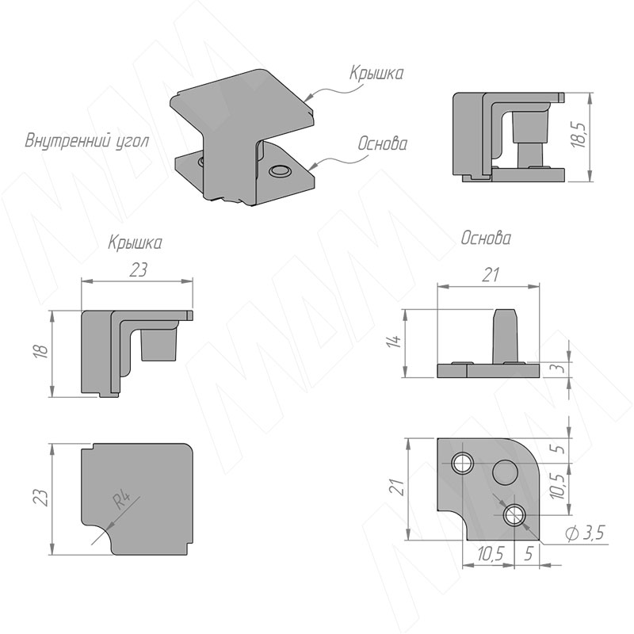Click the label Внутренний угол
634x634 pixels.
click(87, 142)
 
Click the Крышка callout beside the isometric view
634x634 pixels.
click(376, 74)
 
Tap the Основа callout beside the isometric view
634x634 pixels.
click(383, 143)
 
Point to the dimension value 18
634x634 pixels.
click(42, 350)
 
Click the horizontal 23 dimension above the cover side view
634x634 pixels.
click(138, 269)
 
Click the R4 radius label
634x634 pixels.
click(123, 501)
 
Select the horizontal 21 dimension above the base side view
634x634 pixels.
click(490, 275)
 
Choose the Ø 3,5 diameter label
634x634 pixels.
click(586, 533)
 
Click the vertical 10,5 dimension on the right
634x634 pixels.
click(559, 486)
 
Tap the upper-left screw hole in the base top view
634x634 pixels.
click(463, 463)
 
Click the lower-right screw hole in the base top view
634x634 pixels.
click(514, 515)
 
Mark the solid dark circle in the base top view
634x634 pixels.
click(505, 472)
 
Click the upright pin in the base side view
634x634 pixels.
click(506, 335)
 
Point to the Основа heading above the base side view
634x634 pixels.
click(487, 239)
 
